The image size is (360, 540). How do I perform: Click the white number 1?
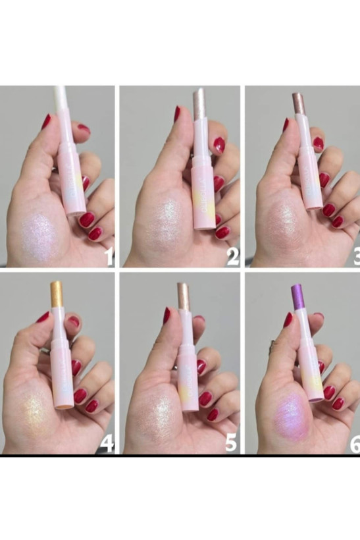(x=109, y=256)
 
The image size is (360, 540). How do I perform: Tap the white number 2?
(x=232, y=257)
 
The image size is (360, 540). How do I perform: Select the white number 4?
(x=107, y=443)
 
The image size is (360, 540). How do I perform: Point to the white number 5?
(x=231, y=442)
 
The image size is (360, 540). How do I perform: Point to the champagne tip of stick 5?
(x=183, y=296)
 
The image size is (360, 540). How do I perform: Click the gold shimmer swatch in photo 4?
(x=38, y=416)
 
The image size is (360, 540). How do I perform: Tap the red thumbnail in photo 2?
(x=177, y=114)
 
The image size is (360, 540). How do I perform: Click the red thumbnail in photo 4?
(x=43, y=317)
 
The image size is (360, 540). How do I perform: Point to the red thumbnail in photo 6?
(x=288, y=319)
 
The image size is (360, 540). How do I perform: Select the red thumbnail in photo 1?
(x=47, y=122)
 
